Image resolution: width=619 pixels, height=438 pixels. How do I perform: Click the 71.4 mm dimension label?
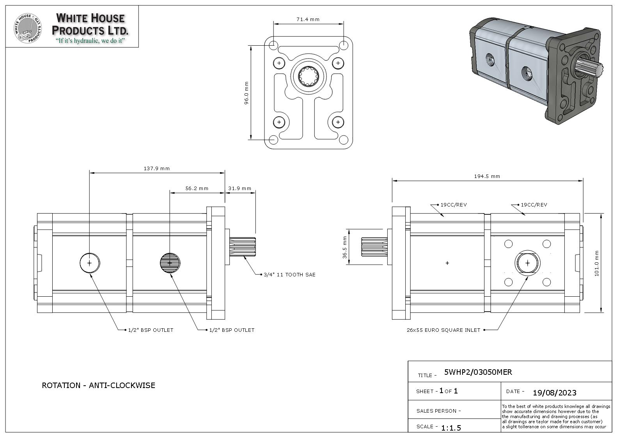point(308,19)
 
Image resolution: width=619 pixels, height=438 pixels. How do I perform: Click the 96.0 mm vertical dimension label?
point(246,93)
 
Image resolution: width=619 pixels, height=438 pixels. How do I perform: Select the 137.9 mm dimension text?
point(156,169)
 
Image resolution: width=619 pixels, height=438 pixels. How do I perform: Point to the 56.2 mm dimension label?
point(197,188)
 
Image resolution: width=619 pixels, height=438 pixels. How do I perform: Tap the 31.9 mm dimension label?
point(239,188)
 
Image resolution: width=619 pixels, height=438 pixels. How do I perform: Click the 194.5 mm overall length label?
point(487,176)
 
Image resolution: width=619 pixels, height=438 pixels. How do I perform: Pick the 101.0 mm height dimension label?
point(596,263)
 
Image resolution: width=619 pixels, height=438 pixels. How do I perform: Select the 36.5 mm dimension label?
point(344,247)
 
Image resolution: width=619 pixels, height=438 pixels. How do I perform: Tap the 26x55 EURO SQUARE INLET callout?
point(443,330)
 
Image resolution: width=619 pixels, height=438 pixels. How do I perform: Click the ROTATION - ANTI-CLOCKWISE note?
point(98,385)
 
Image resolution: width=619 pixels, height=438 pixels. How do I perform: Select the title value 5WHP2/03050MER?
point(478,372)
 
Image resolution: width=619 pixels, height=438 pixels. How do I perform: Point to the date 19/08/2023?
point(554,392)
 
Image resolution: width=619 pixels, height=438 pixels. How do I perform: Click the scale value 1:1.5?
point(451,428)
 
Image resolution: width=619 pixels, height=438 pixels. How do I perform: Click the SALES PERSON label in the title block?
point(438,411)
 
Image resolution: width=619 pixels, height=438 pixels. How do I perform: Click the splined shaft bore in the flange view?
point(309,76)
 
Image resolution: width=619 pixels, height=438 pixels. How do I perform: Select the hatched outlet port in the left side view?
point(170,263)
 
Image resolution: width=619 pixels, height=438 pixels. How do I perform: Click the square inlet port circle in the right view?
point(527,263)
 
